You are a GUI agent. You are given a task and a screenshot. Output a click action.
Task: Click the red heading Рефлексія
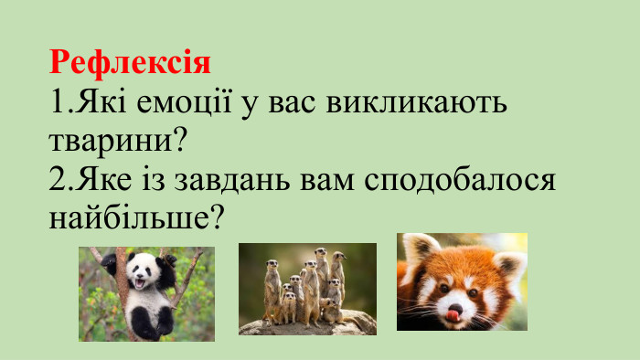(x=130, y=62)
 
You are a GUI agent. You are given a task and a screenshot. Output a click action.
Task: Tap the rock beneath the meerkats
(x=307, y=325)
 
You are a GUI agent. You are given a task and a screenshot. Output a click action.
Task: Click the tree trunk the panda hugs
(x=121, y=311)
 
